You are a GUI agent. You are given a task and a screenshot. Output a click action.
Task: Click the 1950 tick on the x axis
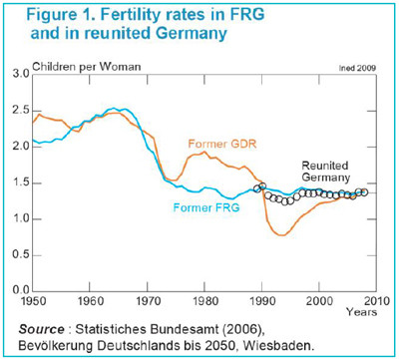click(33, 299)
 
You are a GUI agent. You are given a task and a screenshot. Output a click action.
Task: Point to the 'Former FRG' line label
click(206, 208)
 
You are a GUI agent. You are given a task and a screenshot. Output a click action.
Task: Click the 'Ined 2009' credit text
click(358, 67)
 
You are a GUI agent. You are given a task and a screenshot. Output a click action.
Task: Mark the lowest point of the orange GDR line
click(282, 235)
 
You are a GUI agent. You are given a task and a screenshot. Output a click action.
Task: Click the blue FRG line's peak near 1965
click(116, 108)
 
